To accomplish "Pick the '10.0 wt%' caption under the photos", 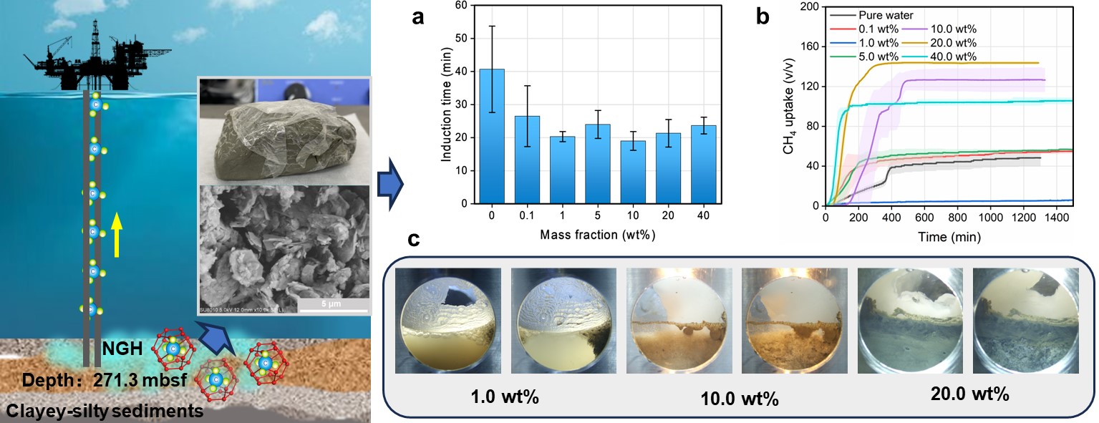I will click(x=739, y=398).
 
